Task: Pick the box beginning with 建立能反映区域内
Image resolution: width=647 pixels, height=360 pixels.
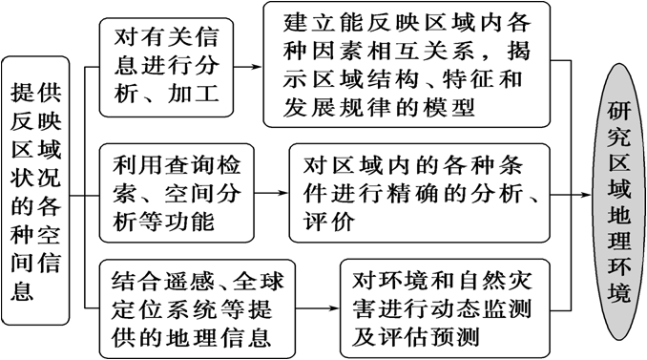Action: point(407,66)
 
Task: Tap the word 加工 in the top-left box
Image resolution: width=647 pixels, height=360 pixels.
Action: point(196,94)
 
